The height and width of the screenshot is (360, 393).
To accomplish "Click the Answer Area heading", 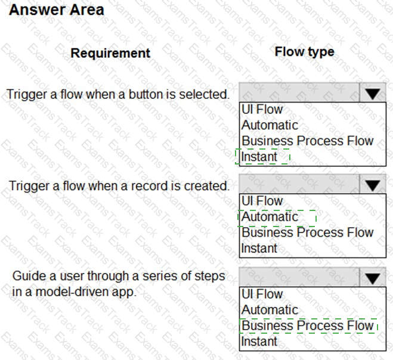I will point(57,10).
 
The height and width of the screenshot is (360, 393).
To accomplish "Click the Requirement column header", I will point(110,53).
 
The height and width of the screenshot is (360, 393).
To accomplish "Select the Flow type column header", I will point(304,52).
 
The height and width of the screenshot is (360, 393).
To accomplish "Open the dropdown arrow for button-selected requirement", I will point(373,94).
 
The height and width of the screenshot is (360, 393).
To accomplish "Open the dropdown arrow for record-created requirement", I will point(373,185).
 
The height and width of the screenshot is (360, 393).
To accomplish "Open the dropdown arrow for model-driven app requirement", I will point(373,278).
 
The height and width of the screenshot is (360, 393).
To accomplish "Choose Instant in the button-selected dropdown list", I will point(259,157).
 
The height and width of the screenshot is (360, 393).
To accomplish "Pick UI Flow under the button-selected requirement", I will point(262,110).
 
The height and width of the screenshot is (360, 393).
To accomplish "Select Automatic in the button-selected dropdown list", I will point(270,125).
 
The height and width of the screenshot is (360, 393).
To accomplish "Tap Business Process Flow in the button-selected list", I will point(307,141).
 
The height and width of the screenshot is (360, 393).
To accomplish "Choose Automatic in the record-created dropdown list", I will point(270,217).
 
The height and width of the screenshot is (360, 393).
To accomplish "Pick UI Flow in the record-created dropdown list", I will point(262,201).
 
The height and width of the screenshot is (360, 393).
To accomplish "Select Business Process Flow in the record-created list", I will point(307,232).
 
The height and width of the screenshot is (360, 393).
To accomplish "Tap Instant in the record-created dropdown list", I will point(259,248).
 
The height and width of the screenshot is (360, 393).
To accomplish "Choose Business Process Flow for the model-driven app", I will point(307,325).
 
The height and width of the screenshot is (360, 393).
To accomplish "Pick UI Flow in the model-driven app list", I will point(262,294).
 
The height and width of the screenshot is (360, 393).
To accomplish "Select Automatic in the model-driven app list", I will point(270,310).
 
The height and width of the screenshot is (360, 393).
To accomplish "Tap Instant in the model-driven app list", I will point(259,342).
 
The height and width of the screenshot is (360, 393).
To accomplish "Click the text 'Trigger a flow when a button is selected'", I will point(118,94).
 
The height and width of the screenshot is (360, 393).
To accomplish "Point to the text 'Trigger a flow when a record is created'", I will point(119,185).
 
